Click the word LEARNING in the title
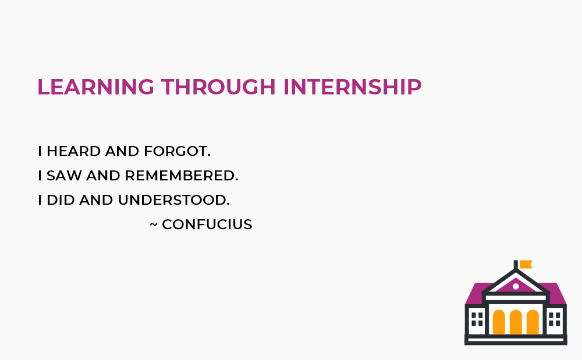(96, 87)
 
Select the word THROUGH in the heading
(219, 87)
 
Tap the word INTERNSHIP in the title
(353, 87)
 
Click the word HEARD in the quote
(74, 151)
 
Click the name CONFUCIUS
(207, 224)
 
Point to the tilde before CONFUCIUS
(154, 224)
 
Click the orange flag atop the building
(526, 264)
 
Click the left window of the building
(477, 319)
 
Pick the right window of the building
(555, 319)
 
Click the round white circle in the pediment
(516, 287)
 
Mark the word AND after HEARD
(122, 151)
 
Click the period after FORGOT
(209, 156)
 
